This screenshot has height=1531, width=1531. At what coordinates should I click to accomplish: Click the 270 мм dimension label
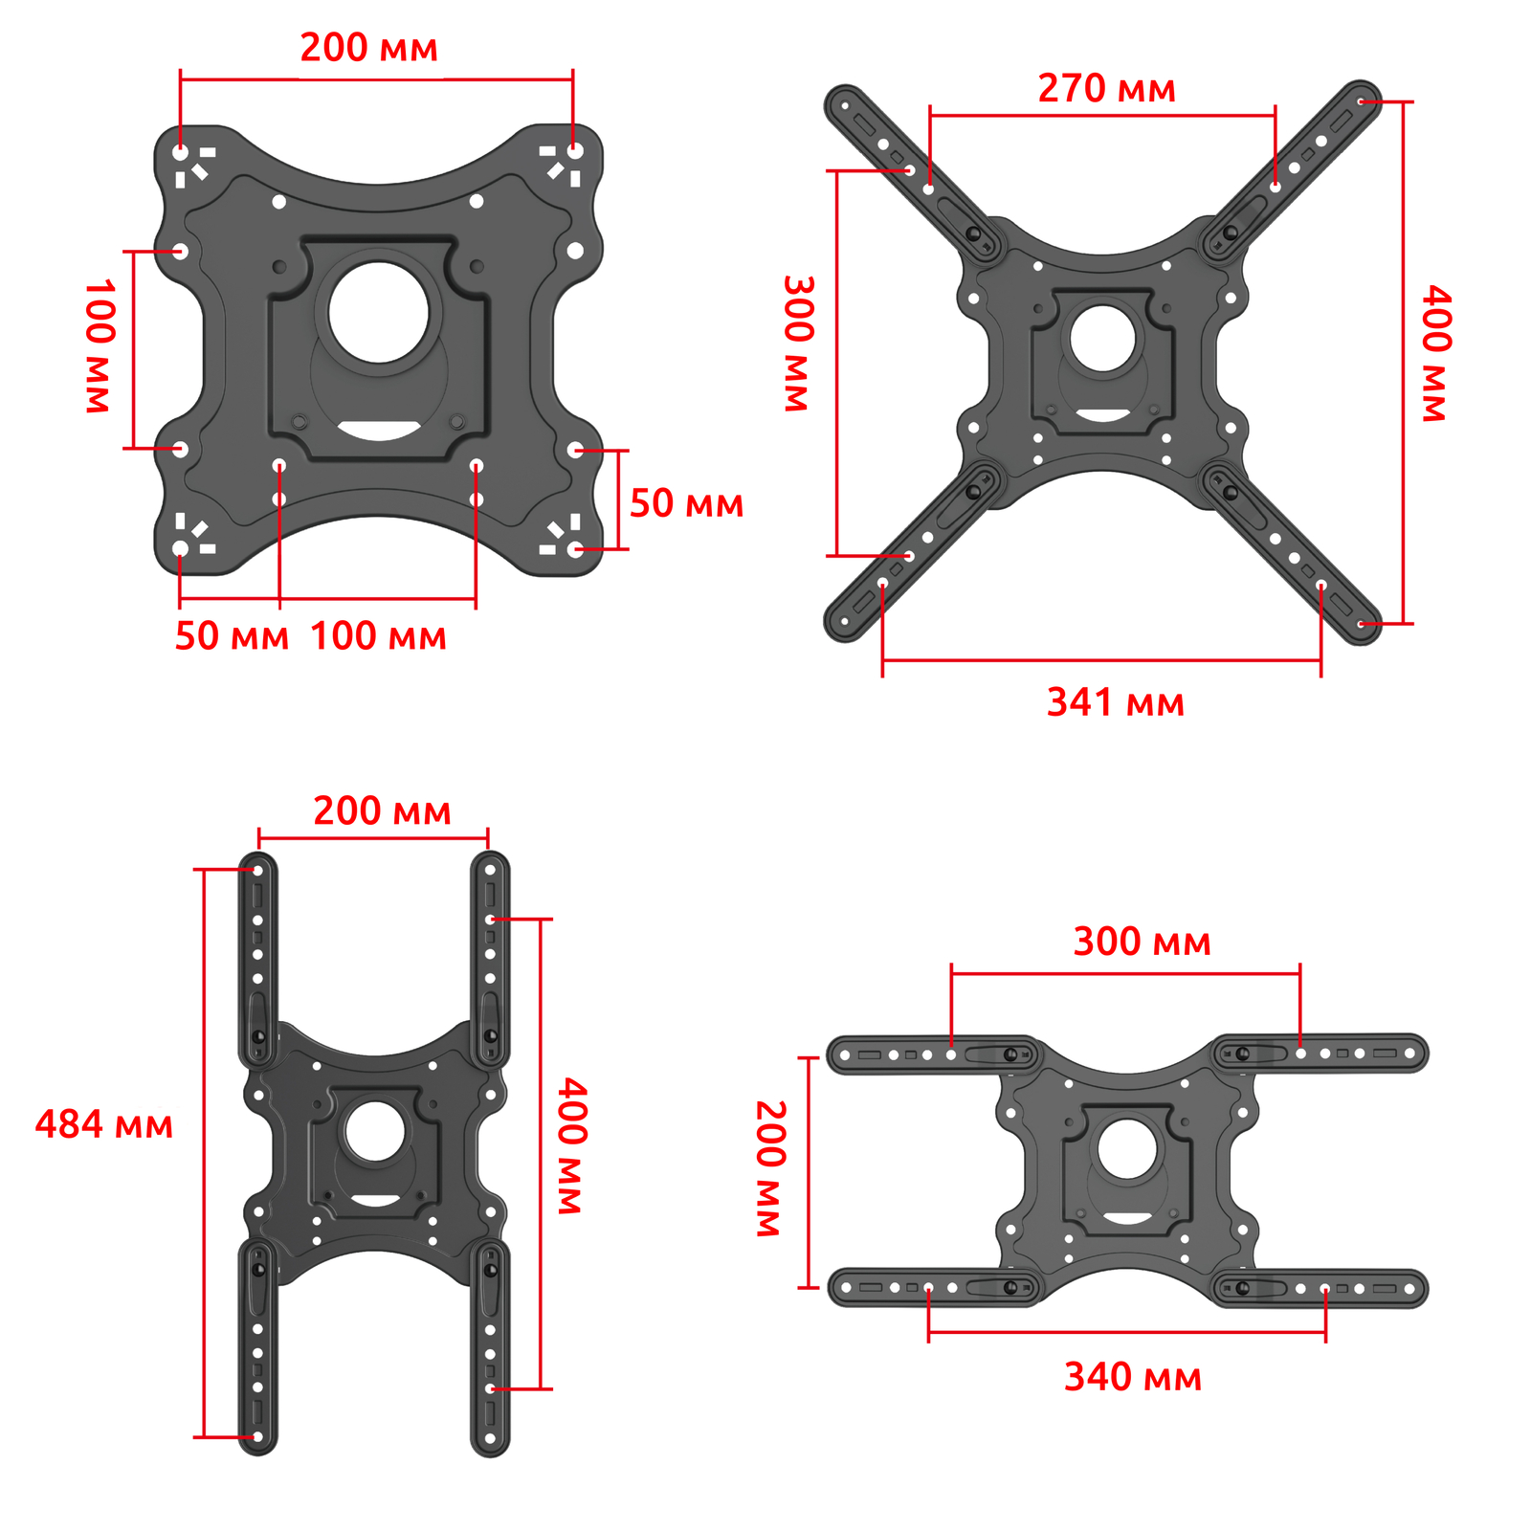click(x=1106, y=89)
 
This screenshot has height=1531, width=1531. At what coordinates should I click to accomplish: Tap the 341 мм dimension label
click(x=1116, y=702)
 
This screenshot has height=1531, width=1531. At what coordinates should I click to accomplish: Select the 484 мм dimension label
click(x=104, y=1124)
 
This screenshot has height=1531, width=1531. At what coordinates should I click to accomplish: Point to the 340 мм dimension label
click(x=1133, y=1377)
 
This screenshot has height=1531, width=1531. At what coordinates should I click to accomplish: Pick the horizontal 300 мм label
click(x=1143, y=942)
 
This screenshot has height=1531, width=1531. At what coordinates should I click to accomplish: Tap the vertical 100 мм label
click(x=100, y=346)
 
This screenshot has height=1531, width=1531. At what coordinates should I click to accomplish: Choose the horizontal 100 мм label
click(x=379, y=636)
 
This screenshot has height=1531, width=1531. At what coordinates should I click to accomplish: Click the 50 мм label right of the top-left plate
click(x=686, y=503)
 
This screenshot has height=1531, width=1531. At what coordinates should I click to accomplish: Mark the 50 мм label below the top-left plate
click(x=232, y=636)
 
